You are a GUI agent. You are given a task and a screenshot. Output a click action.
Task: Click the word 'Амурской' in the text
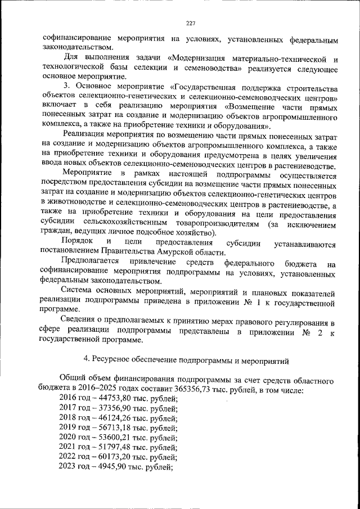[x=179, y=253]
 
